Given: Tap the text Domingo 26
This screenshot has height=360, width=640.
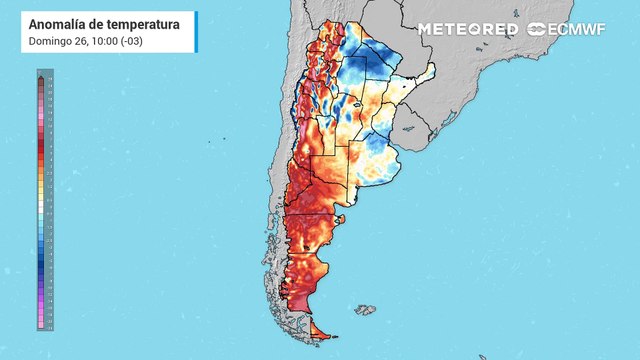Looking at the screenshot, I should point(54,41).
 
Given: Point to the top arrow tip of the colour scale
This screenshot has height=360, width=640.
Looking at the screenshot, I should point(40,76).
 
